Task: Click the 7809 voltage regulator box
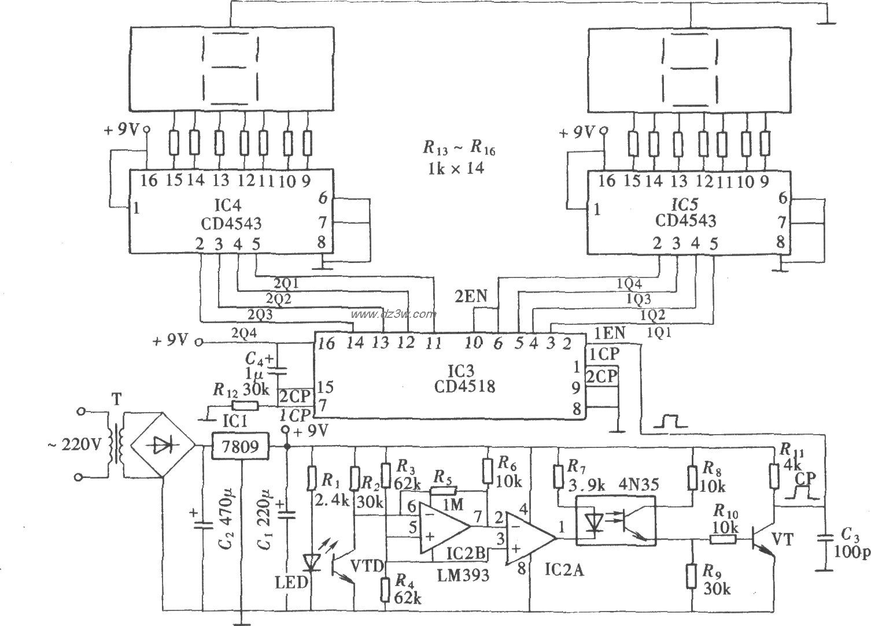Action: [x=240, y=446]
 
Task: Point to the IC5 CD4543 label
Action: [x=685, y=213]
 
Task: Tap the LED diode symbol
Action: [x=312, y=562]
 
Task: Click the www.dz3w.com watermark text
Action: [x=393, y=314]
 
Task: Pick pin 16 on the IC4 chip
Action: [x=148, y=181]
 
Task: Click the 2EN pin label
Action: [x=471, y=297]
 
